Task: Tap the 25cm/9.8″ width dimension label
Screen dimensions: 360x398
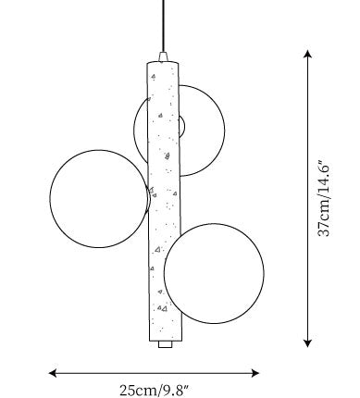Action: [154, 390]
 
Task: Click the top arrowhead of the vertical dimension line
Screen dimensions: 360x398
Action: [307, 54]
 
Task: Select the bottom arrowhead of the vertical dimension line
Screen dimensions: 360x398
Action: [307, 343]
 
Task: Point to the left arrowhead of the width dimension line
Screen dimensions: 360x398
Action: [53, 373]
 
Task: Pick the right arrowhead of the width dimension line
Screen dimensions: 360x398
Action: [255, 373]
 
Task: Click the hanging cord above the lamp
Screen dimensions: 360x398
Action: [163, 26]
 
